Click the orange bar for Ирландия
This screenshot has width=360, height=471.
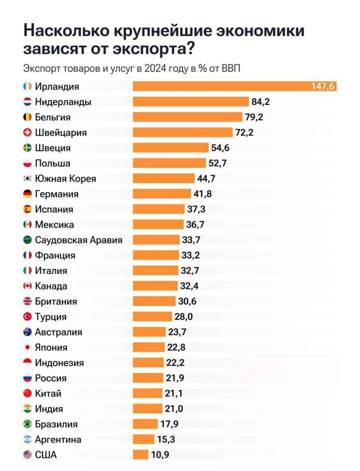click(x=234, y=86)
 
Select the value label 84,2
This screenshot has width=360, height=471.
click(x=261, y=102)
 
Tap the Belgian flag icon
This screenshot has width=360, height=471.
click(x=27, y=117)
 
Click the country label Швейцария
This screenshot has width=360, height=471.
click(x=61, y=132)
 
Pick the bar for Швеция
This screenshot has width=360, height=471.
click(x=171, y=148)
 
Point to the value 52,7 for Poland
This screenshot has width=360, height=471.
click(x=217, y=163)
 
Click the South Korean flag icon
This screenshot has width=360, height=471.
click(x=27, y=178)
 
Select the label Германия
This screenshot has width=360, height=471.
click(x=57, y=194)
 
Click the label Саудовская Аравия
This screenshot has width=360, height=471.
click(x=79, y=240)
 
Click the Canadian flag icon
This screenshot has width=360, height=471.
click(x=27, y=286)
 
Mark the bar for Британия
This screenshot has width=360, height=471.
click(x=154, y=301)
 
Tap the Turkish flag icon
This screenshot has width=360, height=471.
click(x=27, y=317)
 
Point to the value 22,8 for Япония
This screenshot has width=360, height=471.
click(x=176, y=347)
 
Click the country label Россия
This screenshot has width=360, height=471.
click(x=51, y=378)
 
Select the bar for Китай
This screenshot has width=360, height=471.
click(x=148, y=393)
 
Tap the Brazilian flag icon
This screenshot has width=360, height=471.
click(x=27, y=424)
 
